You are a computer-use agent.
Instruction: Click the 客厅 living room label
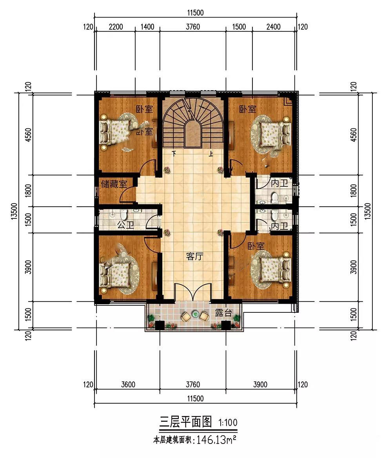pyautogui.click(x=194, y=256)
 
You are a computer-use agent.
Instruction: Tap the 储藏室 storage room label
pyautogui.click(x=114, y=184)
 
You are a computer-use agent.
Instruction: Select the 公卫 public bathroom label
pyautogui.click(x=125, y=225)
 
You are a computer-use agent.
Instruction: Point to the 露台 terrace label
pyautogui.click(x=223, y=313)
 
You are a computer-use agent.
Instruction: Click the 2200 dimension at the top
pyautogui.click(x=116, y=27)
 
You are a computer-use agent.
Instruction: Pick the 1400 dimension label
pyautogui.click(x=147, y=27)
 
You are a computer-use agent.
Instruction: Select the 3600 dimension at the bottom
pyautogui.click(x=128, y=384)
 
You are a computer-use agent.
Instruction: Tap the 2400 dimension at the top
pyautogui.click(x=273, y=27)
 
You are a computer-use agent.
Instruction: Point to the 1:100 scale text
pyautogui.click(x=228, y=422)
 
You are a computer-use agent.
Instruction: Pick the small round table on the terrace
pyautogui.click(x=195, y=314)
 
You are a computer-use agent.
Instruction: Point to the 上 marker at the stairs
pyautogui.click(x=211, y=153)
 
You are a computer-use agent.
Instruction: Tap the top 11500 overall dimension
pyautogui.click(x=196, y=13)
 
